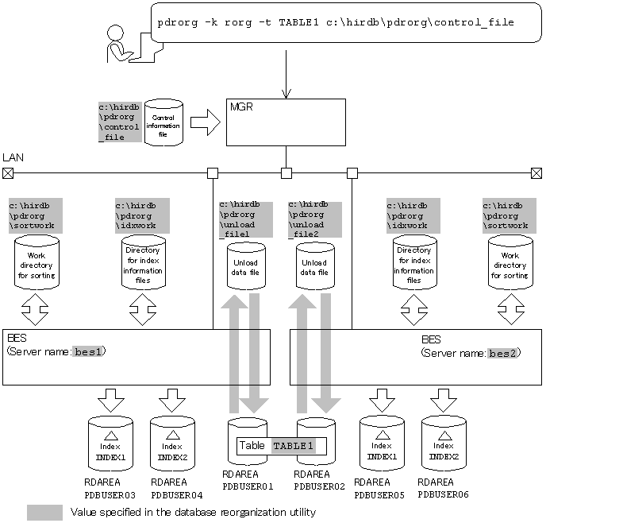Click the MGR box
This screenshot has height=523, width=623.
[285, 122]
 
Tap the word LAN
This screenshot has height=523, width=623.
[13, 158]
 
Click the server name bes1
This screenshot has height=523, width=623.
[90, 351]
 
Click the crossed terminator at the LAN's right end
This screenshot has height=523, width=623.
[536, 172]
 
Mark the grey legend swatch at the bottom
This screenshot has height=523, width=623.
[44, 513]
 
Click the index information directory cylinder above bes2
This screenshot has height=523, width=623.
[413, 265]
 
